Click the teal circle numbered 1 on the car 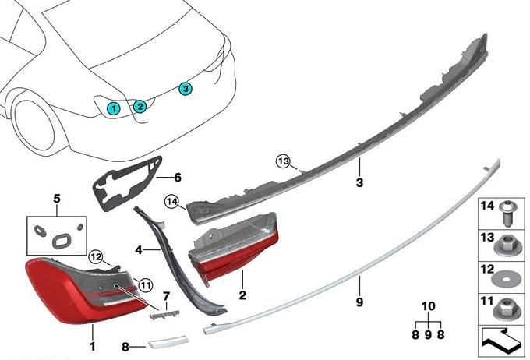coord(115,108)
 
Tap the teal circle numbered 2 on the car coord(140,106)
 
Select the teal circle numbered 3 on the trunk coord(185,89)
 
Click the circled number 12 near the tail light coord(95,256)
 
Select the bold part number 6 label coord(177,177)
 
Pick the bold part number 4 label coord(139,251)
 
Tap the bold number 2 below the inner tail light coord(242,297)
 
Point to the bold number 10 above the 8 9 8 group coord(427,305)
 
